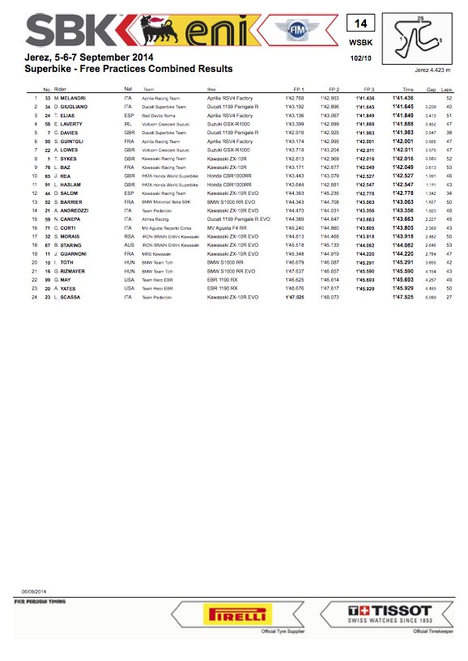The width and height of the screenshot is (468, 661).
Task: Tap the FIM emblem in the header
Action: pos(294,32)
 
